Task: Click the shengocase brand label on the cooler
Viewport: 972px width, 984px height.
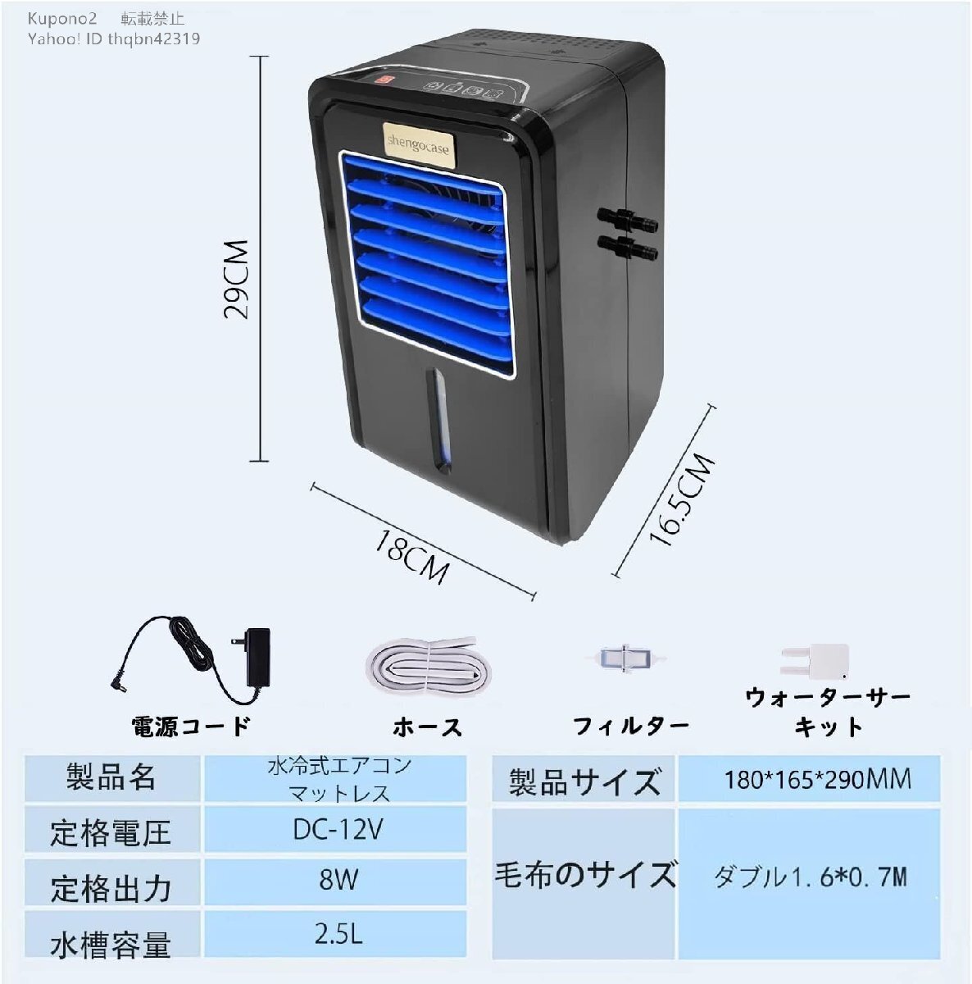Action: pos(419,145)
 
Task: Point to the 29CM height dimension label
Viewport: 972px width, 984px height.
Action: pos(236,280)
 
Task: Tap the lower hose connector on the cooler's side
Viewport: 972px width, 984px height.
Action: pos(628,248)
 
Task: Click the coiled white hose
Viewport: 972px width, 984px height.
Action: pos(429,665)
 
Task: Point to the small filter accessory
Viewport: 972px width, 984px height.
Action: pos(626,658)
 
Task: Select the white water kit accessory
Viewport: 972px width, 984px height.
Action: pos(815,661)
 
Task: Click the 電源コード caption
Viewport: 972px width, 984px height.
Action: pos(191,726)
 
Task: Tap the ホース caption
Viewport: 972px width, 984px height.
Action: pos(427,727)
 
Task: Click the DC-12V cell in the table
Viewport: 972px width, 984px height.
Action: pos(335,829)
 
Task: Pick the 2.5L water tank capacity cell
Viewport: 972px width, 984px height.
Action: pos(335,933)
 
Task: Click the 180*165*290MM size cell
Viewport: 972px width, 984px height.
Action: pos(809,779)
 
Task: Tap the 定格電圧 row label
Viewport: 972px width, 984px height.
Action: pos(111,832)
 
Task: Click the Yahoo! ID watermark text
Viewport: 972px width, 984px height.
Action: pos(113,39)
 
